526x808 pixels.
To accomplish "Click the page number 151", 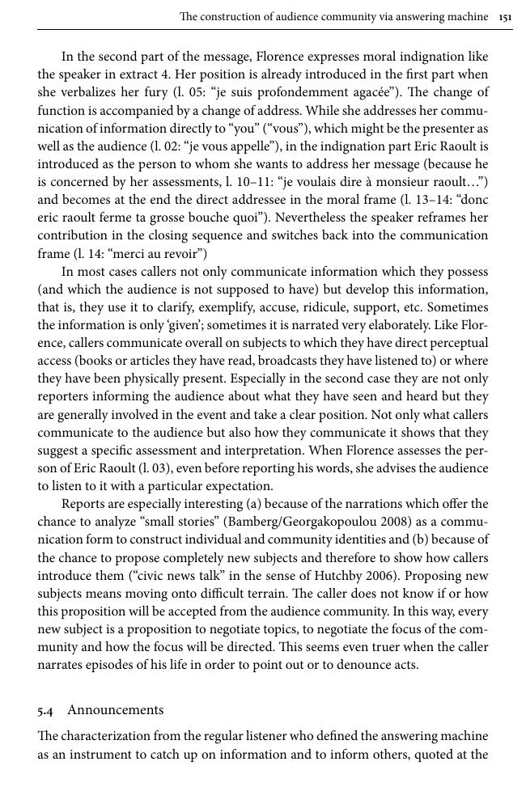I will [x=506, y=16].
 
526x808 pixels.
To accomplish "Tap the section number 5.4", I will [x=45, y=710].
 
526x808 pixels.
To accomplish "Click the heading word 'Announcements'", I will [x=116, y=709].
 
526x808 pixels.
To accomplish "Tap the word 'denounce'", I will [x=340, y=665].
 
